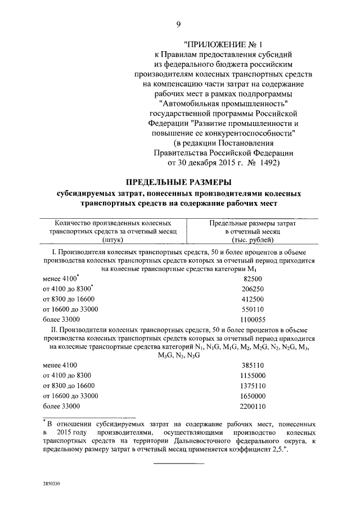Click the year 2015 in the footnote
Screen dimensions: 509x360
(x=66, y=432)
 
